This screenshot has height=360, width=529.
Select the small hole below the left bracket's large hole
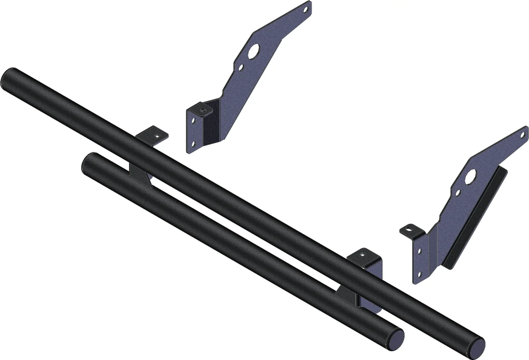(241, 68)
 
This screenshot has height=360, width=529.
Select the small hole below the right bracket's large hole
(459, 192)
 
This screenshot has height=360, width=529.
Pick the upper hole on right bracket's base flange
(419, 251)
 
